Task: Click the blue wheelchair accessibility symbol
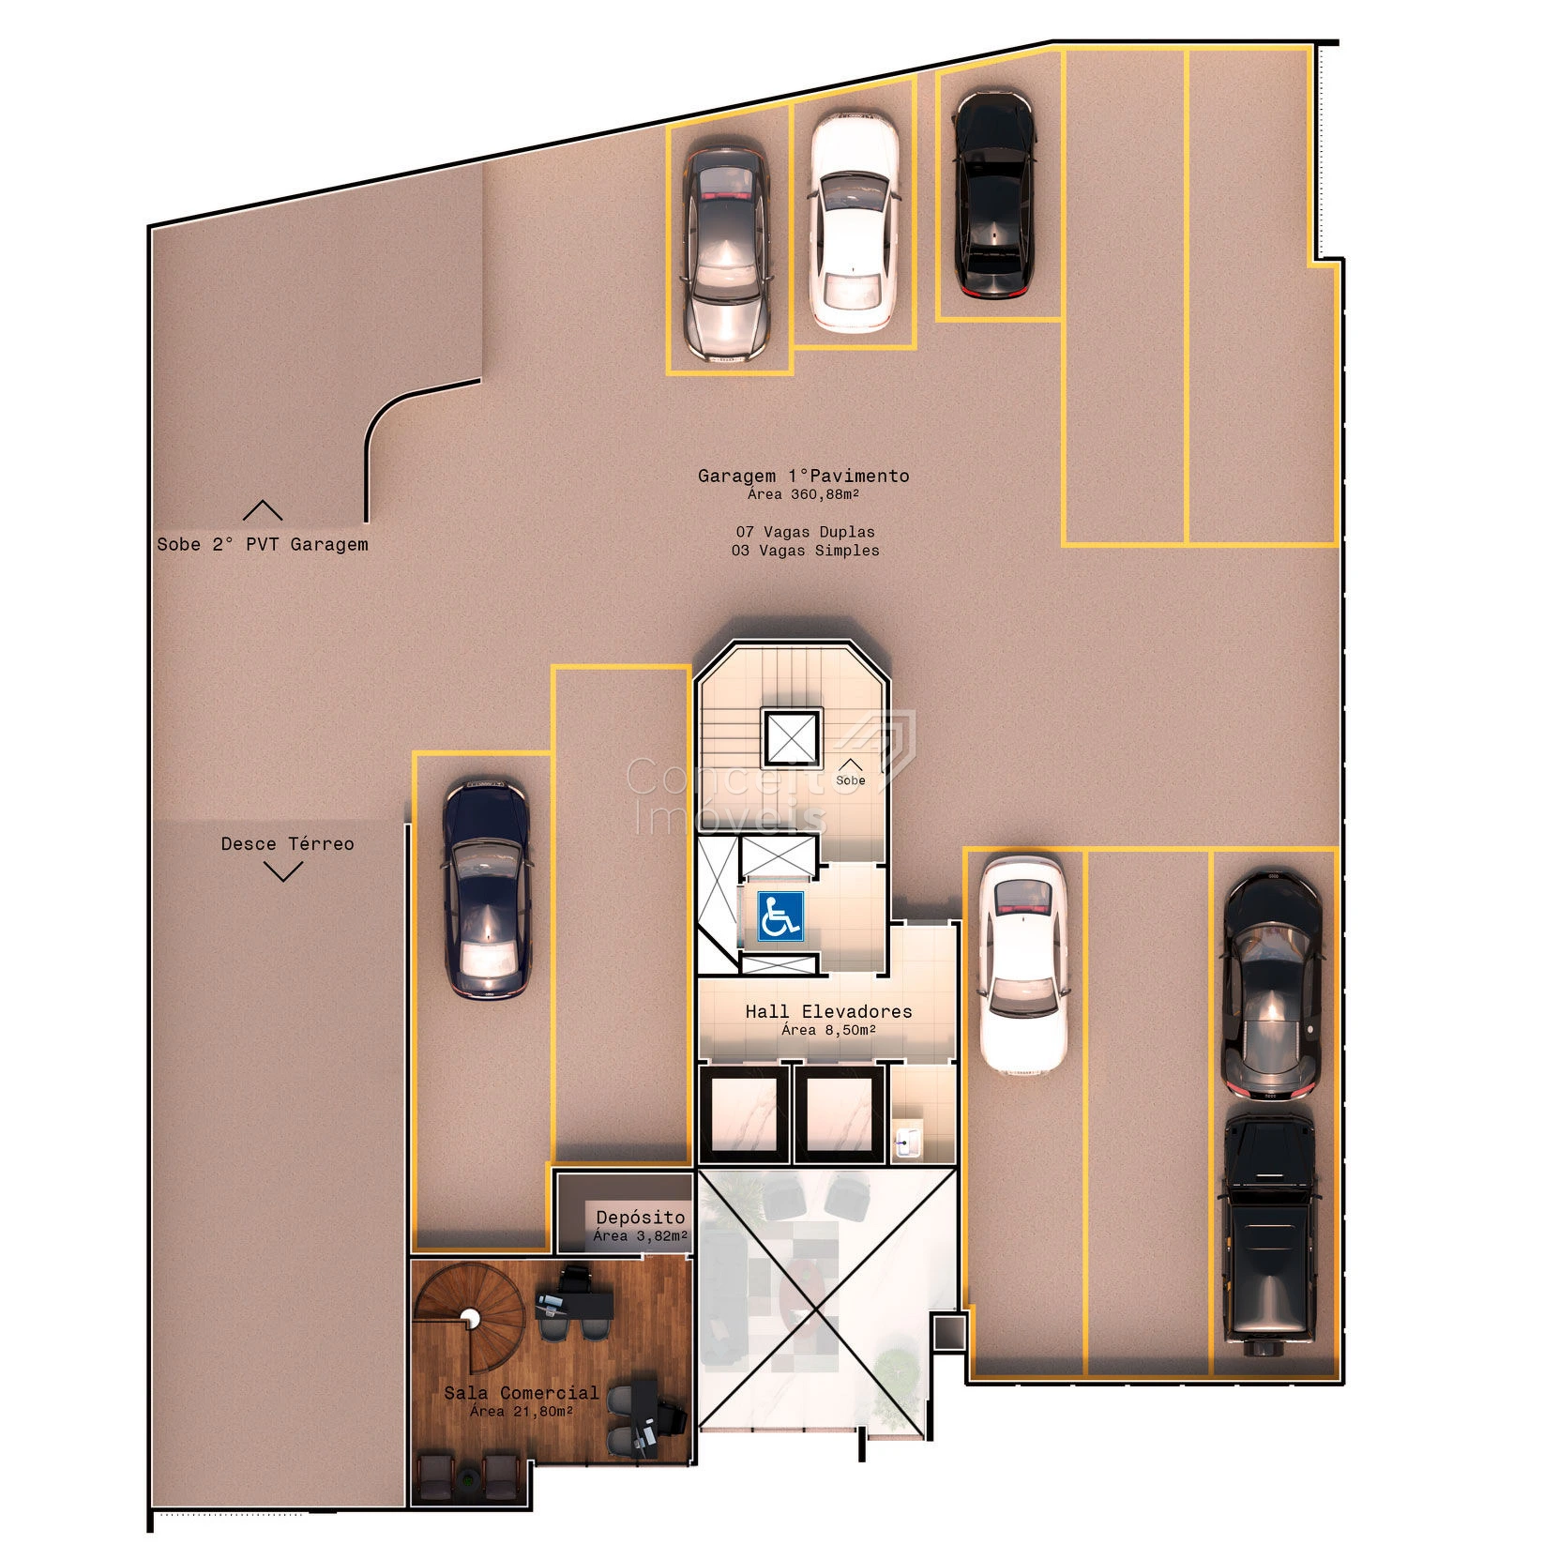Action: (x=780, y=916)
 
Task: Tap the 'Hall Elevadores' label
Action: (x=828, y=1011)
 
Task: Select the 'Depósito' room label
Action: (x=641, y=1217)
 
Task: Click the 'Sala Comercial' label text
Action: (x=522, y=1392)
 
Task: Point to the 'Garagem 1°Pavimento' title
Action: (x=804, y=476)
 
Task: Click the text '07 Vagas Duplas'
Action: (x=806, y=532)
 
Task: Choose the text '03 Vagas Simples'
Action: (x=806, y=551)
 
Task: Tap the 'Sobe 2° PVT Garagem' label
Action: (x=263, y=544)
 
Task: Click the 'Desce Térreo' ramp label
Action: (x=288, y=843)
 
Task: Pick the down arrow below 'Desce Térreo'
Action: (x=283, y=872)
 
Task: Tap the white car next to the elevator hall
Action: (x=1022, y=965)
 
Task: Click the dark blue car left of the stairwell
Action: (x=486, y=888)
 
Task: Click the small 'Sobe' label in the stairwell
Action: (x=851, y=780)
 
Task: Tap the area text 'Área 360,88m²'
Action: (x=804, y=494)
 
